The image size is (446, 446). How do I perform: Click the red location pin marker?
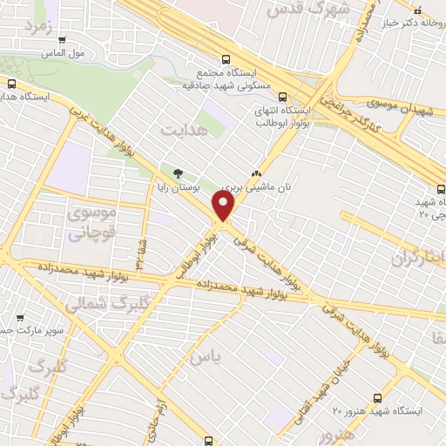(x=224, y=206)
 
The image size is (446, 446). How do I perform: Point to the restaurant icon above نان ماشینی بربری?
(x=256, y=172)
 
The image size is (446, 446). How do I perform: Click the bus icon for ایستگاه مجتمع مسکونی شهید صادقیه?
(x=226, y=60)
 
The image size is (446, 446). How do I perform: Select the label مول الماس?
(x=66, y=53)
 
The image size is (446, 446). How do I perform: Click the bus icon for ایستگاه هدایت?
(x=12, y=84)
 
